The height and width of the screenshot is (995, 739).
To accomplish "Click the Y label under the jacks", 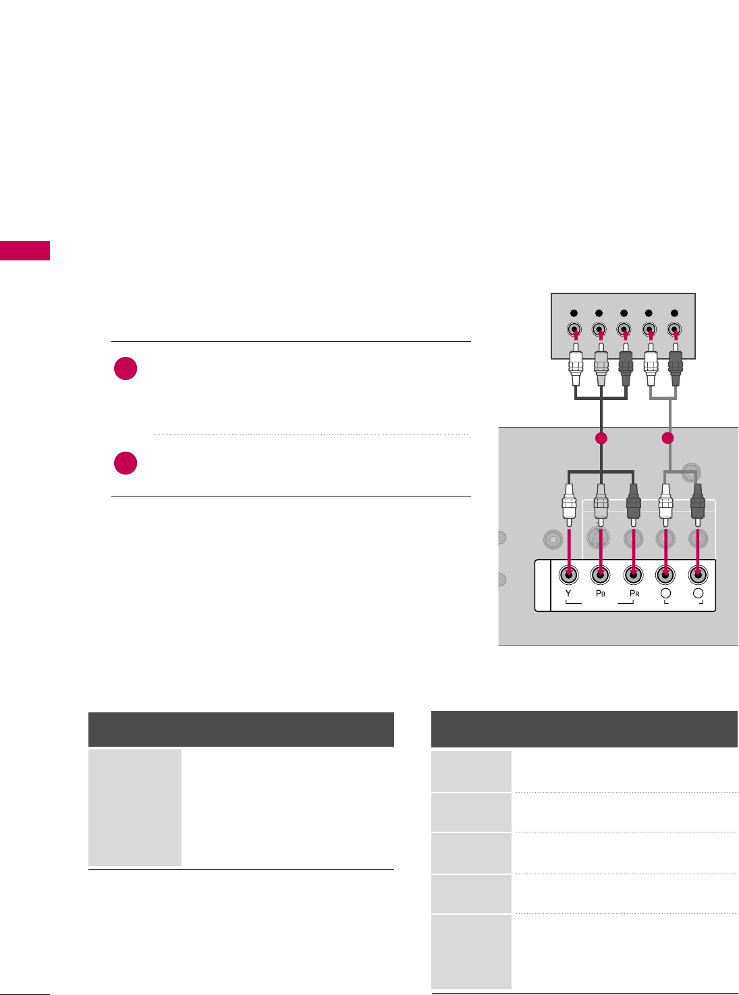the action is click(568, 594).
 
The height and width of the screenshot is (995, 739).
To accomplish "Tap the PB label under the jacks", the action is click(600, 594).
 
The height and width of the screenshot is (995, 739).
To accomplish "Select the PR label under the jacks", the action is click(634, 594).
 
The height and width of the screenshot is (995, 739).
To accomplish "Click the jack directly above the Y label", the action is click(569, 574).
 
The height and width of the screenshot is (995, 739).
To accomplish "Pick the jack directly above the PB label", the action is click(600, 574).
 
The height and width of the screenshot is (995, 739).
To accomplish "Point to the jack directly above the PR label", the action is click(632, 574).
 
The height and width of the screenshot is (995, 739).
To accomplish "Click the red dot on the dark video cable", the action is click(601, 438).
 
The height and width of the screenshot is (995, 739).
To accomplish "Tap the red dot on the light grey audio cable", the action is click(668, 438).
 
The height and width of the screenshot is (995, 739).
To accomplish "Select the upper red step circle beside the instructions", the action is click(126, 369).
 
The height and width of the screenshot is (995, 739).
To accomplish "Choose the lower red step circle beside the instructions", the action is click(126, 463).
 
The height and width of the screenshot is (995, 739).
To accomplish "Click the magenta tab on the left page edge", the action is click(25, 250).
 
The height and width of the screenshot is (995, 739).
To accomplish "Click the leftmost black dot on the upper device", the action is click(574, 313).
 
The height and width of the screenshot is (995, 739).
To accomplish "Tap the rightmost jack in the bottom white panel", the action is click(698, 574).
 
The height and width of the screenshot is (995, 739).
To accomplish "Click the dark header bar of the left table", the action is click(241, 729).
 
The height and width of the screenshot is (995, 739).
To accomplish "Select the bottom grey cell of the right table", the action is click(471, 951).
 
